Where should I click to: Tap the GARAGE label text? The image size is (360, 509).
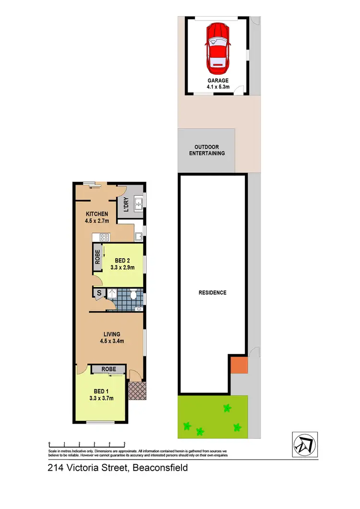coord(217,81)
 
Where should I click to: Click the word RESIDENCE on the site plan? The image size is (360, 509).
coord(213,292)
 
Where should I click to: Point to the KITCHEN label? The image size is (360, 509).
coord(97,213)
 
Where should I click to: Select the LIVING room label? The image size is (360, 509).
coord(111,334)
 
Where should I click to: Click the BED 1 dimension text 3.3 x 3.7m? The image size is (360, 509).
coord(101,398)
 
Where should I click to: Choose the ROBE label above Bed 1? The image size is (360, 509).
coord(109,369)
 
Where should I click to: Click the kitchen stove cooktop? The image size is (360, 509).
coord(104,237)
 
